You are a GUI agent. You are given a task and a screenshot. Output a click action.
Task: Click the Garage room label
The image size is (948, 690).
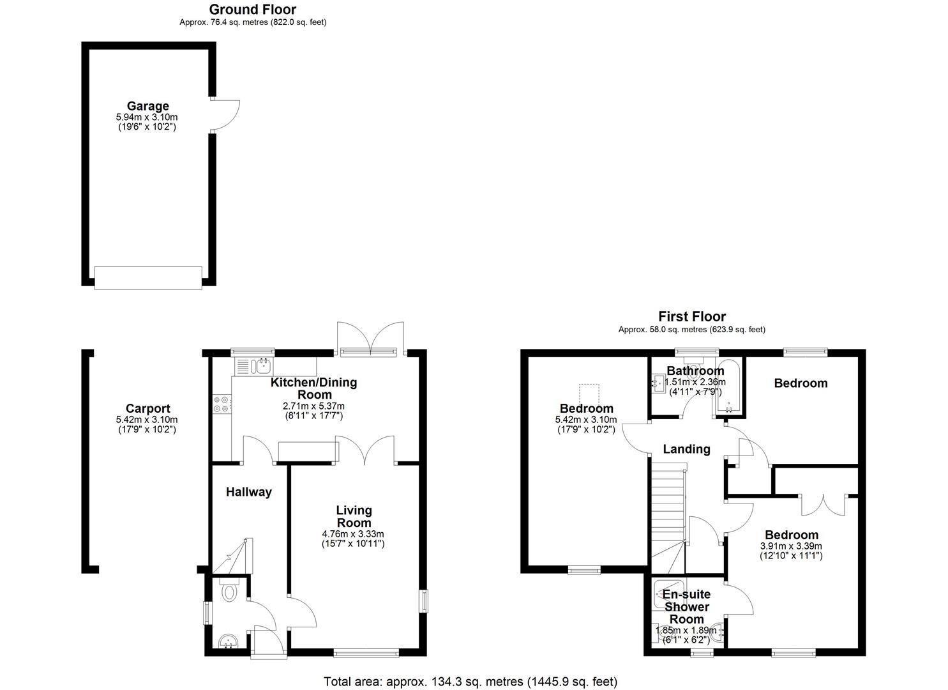[x=147, y=106]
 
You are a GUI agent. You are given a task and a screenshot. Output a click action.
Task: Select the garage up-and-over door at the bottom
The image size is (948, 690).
[x=148, y=278]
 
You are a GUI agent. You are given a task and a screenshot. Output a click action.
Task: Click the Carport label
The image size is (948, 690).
[x=147, y=408]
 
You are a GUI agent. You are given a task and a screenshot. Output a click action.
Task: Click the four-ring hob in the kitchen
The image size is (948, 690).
[x=222, y=404]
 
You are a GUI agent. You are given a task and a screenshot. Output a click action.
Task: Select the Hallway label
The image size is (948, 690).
[x=249, y=492]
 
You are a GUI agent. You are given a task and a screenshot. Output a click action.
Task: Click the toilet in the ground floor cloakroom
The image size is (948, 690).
[x=229, y=590]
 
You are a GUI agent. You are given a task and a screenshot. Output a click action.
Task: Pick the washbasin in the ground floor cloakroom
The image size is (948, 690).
[x=229, y=641]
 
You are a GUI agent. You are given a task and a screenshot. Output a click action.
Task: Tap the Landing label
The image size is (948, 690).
[x=686, y=449]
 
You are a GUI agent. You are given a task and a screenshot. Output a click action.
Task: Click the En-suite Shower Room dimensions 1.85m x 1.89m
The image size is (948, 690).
[x=686, y=631]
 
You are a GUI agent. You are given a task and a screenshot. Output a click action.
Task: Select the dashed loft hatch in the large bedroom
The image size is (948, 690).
[x=589, y=395]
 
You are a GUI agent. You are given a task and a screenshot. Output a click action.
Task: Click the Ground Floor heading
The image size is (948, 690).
[x=253, y=10]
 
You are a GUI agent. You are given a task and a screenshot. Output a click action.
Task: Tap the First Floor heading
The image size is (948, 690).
[x=692, y=316]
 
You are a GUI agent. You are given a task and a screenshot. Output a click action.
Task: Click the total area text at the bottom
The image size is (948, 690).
[x=470, y=682]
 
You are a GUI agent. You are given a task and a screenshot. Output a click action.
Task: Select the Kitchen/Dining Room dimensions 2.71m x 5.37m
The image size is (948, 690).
[x=313, y=406]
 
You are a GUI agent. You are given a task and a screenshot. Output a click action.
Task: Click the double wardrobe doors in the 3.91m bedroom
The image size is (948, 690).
[x=823, y=505]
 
